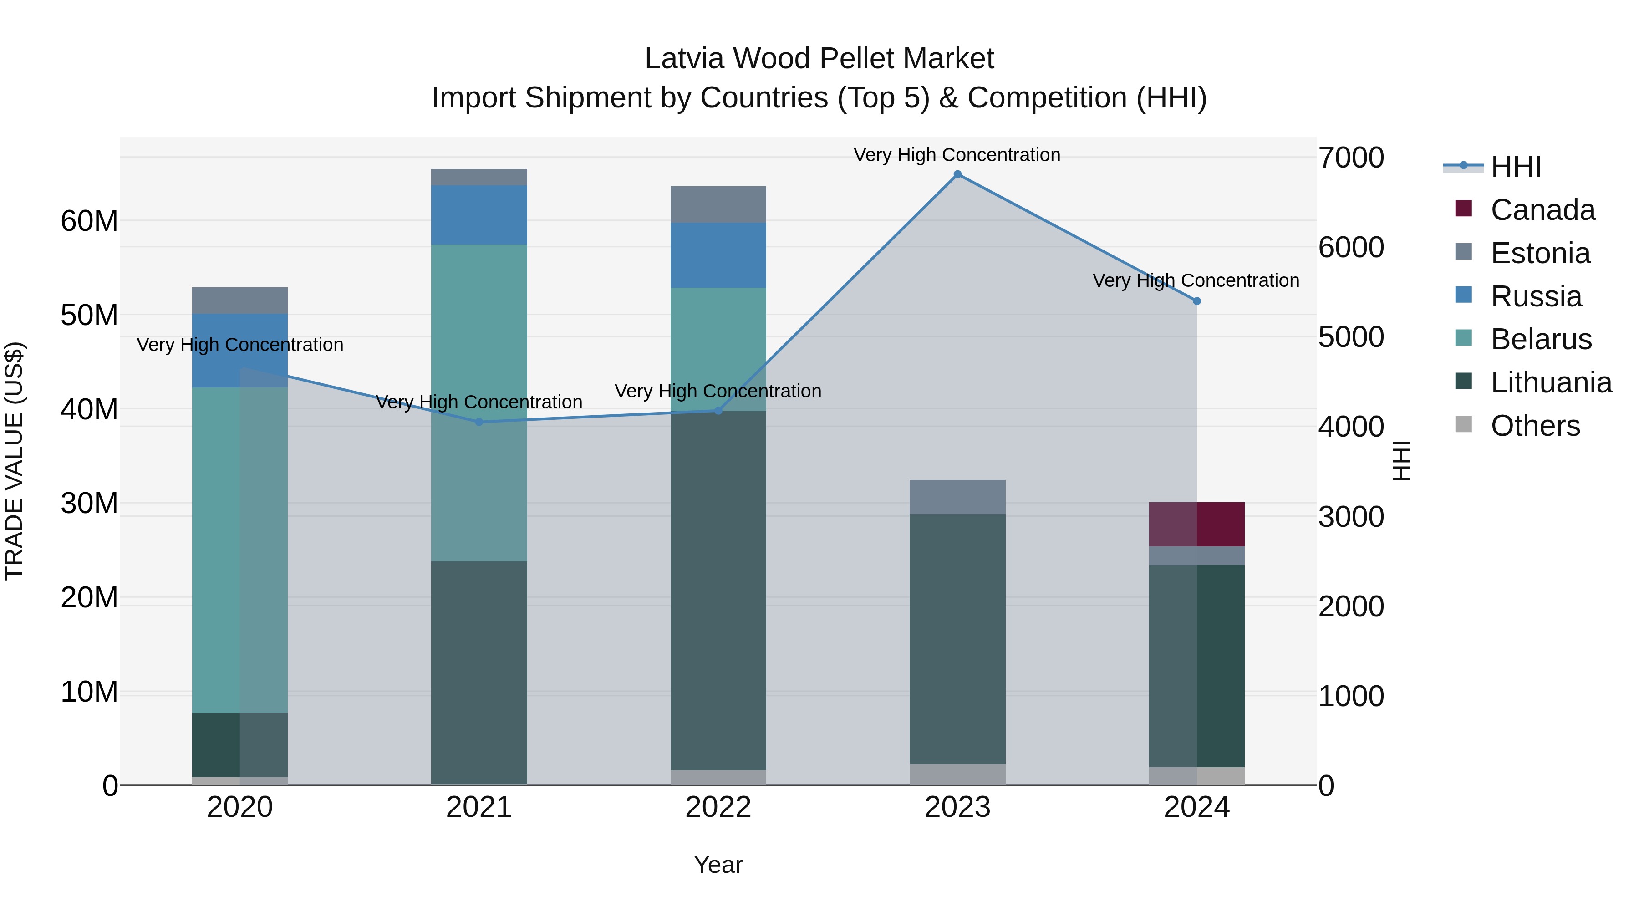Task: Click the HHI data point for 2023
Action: click(x=957, y=174)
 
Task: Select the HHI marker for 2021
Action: click(x=479, y=422)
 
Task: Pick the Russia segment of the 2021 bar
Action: click(x=479, y=215)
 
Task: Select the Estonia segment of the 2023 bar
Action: click(x=957, y=497)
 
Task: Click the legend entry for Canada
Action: click(x=1542, y=210)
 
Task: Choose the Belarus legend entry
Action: click(x=1541, y=339)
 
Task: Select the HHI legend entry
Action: click(x=1516, y=167)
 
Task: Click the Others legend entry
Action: click(x=1535, y=426)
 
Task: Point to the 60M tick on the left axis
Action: click(x=89, y=221)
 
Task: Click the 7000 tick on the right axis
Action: click(x=1350, y=158)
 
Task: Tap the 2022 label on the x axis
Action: click(x=718, y=807)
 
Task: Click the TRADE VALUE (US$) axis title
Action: click(x=14, y=461)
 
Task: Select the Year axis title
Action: click(x=718, y=865)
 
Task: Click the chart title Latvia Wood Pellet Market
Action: click(x=819, y=59)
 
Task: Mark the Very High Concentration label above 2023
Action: click(x=957, y=155)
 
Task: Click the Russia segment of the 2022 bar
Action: click(x=718, y=255)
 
